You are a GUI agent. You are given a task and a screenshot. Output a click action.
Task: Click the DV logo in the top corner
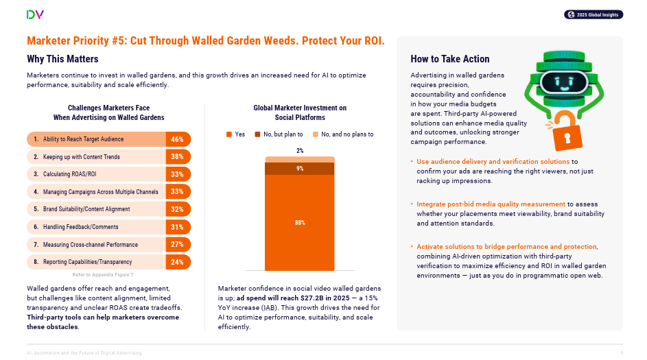(35, 14)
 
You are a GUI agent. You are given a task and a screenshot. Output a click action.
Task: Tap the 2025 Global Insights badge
(593, 14)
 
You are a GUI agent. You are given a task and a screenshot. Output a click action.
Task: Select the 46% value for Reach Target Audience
(177, 139)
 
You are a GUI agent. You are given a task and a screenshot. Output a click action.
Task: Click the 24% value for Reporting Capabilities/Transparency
(177, 262)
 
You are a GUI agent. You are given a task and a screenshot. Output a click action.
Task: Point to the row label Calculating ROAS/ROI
(70, 174)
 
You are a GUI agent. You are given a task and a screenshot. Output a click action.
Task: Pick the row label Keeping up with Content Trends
(81, 157)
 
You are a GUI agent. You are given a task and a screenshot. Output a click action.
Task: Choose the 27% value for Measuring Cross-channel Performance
(177, 244)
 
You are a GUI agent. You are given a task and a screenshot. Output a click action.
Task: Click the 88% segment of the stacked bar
(300, 223)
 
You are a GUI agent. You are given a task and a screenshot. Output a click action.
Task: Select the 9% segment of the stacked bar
(300, 169)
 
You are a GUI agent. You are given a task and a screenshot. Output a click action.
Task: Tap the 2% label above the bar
(300, 151)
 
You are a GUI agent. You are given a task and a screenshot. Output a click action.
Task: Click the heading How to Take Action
(450, 59)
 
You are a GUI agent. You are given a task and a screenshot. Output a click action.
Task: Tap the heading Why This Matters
(62, 59)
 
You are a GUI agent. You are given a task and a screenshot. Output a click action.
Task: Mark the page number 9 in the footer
(622, 352)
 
